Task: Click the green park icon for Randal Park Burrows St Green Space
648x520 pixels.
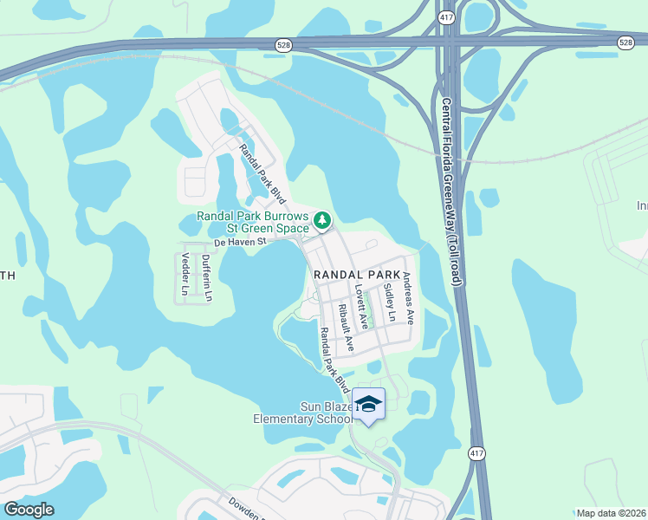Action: [321, 221]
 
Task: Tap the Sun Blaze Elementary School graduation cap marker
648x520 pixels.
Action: [369, 405]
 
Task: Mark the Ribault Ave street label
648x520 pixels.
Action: [345, 327]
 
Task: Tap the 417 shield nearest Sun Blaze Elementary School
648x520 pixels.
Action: [476, 453]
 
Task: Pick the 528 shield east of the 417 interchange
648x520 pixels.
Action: [625, 42]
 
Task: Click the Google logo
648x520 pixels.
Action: [29, 510]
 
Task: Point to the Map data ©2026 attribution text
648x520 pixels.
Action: [611, 513]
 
